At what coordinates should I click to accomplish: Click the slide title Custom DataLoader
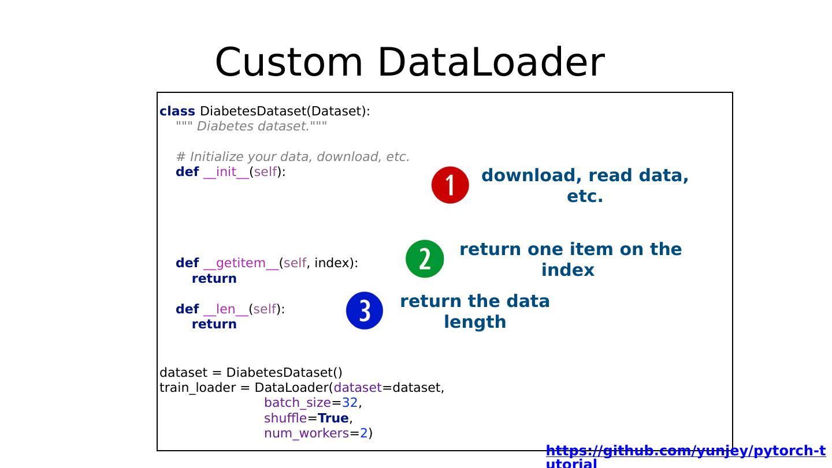[x=409, y=62]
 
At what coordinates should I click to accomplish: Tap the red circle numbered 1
[x=450, y=185]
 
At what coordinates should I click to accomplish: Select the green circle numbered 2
[x=425, y=259]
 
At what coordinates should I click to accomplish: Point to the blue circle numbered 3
[x=365, y=310]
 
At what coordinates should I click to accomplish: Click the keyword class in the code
[x=177, y=111]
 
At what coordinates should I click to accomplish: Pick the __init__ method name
[x=226, y=172]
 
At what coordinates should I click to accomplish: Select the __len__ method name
[x=226, y=309]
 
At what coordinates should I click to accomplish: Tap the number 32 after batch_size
[x=350, y=403]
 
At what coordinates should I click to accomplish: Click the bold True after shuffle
[x=333, y=418]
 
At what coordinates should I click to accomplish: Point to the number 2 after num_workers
[x=364, y=433]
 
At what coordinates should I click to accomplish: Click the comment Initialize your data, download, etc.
[x=292, y=157]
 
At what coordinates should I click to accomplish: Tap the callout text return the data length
[x=475, y=312]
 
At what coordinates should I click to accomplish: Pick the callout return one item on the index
[x=570, y=260]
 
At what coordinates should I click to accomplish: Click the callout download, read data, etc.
[x=585, y=186]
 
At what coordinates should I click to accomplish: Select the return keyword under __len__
[x=214, y=324]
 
